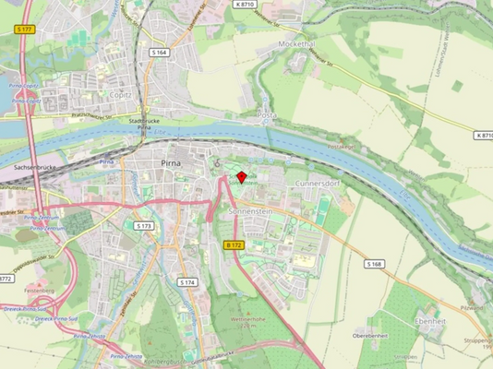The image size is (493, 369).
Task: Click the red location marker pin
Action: point(241,176)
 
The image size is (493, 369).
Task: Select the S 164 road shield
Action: point(159,53)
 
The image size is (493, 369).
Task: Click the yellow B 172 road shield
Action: point(234,244)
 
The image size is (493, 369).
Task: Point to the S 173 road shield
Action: point(143,225)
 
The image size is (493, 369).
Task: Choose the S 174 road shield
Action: point(187,281)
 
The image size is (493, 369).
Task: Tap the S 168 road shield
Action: point(373,264)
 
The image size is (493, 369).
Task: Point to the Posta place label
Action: point(266,115)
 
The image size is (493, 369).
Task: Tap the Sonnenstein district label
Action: point(247,211)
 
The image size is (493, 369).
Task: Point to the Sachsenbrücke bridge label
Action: point(37,168)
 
